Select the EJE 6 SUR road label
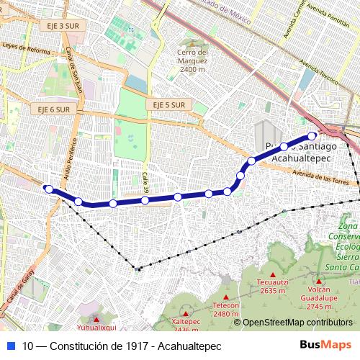pyautogui.click(x=54, y=109)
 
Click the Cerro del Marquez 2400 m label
pyautogui.click(x=193, y=60)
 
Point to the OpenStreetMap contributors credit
pyautogui.click(x=297, y=323)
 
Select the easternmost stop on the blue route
pyautogui.click(x=312, y=135)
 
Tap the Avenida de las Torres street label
pyautogui.click(x=320, y=177)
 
